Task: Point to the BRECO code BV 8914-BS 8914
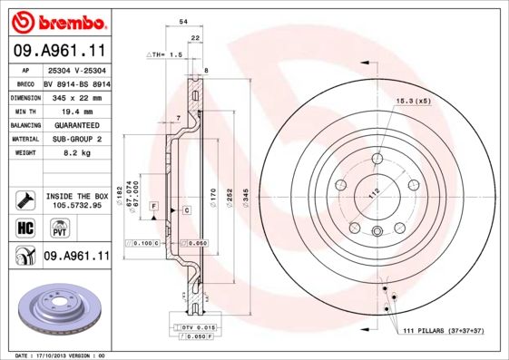76,82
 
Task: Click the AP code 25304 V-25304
75,69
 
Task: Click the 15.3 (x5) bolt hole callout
412,101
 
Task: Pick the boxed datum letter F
154,209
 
